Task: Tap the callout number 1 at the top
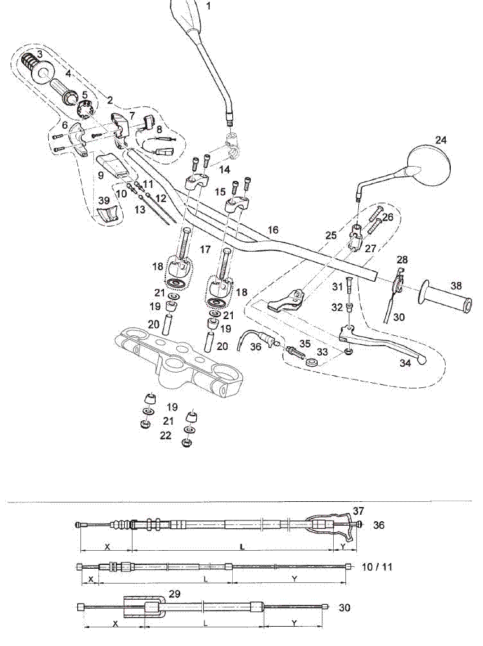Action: click(208, 6)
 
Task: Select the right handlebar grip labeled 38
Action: click(444, 296)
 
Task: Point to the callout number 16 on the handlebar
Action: click(273, 230)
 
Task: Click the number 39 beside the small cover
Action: click(104, 201)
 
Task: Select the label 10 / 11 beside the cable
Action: click(377, 567)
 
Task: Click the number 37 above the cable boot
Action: click(359, 511)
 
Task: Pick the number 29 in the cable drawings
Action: click(174, 594)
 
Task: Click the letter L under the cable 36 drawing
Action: click(242, 547)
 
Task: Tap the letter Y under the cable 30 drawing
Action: click(294, 623)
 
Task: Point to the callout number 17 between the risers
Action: click(205, 249)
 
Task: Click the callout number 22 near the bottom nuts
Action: click(165, 435)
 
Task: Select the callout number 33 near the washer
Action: click(322, 352)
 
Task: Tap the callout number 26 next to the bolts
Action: click(388, 217)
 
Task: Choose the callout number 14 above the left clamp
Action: click(224, 169)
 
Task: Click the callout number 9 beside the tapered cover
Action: click(101, 175)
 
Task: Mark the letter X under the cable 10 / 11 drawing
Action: click(91, 579)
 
